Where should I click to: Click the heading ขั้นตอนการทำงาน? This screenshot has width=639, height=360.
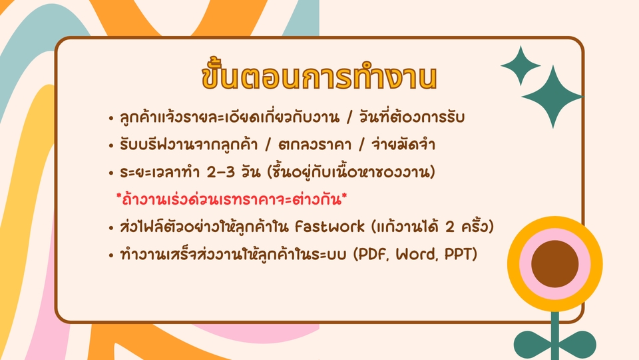319,77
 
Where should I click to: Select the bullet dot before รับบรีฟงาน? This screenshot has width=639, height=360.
110,146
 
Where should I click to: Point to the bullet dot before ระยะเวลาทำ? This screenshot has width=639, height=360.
110,173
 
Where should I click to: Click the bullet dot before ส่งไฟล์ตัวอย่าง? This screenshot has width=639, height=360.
110,227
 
